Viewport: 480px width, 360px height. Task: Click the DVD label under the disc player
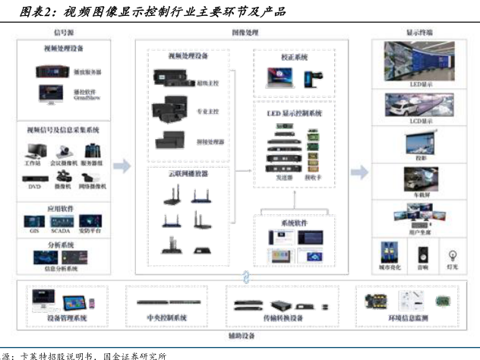point(35,186)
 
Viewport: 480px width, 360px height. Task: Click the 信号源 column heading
point(63,33)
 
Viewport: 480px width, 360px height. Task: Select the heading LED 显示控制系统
point(295,112)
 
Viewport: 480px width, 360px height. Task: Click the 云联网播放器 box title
point(188,173)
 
